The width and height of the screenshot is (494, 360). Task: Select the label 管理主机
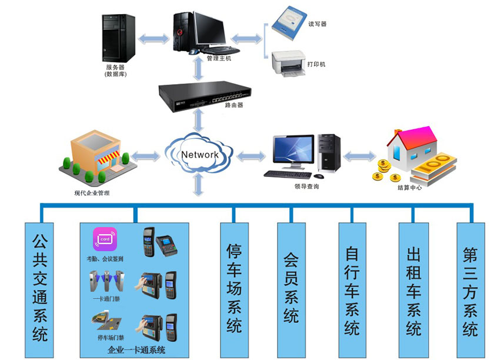219,59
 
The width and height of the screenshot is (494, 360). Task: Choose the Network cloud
199,155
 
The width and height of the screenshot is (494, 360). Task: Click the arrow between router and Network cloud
199,122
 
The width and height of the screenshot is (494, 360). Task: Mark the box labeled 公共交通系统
39,289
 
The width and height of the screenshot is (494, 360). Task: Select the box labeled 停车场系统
234,289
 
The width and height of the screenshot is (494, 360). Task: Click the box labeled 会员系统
292,289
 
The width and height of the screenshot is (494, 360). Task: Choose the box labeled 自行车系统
352,289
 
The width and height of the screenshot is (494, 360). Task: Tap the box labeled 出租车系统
413,289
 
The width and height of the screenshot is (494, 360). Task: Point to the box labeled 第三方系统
470,289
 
